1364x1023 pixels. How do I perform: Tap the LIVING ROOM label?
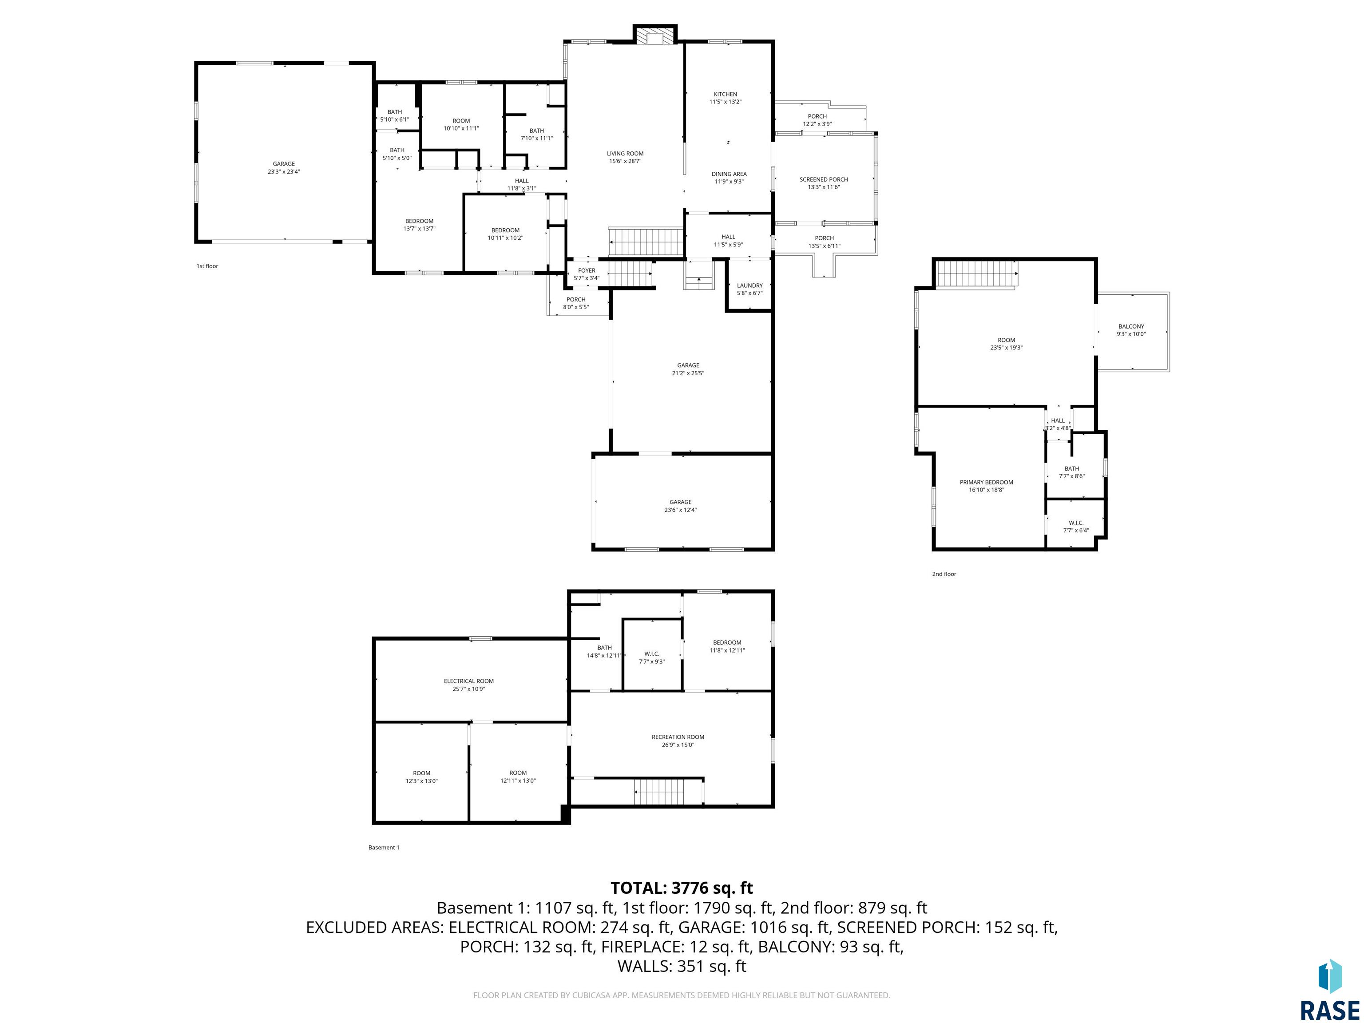625,154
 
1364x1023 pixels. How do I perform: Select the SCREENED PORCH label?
823,179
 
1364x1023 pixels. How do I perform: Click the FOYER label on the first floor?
587,271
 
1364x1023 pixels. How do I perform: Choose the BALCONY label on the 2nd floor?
1131,327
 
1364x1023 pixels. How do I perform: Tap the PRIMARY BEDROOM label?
986,482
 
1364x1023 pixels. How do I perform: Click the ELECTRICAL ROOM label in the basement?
468,682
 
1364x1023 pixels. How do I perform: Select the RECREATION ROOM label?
678,737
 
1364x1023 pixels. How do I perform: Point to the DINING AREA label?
729,174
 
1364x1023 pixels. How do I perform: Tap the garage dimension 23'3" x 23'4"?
284,172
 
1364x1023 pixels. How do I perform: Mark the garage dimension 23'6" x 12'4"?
681,510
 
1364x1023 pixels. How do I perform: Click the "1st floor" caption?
207,266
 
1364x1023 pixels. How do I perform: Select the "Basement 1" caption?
384,847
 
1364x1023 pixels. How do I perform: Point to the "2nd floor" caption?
944,574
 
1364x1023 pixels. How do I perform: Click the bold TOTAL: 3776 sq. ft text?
682,888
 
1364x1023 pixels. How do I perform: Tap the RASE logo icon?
1330,977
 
